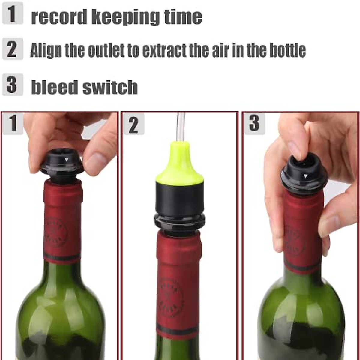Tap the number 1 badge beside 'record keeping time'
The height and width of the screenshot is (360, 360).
pos(12,14)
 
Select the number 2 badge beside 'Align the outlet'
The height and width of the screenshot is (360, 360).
pos(12,49)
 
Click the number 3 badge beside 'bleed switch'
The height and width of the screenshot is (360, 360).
pos(12,85)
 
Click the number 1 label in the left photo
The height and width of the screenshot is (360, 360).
pos(13,123)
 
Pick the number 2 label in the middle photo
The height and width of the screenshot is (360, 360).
pos(133,124)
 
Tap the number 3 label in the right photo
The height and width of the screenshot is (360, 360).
pos(254,123)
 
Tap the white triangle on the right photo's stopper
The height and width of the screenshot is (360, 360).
pos(305,176)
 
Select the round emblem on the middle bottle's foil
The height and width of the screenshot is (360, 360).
pos(171,297)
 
